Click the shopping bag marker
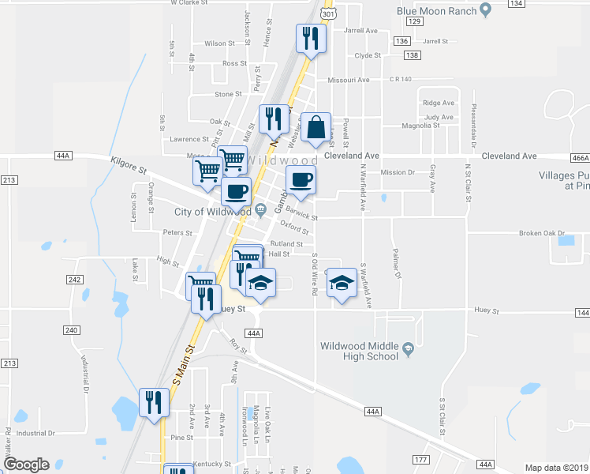(316, 127)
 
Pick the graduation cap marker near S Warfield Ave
(342, 284)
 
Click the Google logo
(26, 465)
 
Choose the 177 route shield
(420, 460)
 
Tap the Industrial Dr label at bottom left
(35, 433)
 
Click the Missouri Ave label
(349, 80)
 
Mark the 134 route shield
(517, 4)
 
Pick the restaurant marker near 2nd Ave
(152, 402)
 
